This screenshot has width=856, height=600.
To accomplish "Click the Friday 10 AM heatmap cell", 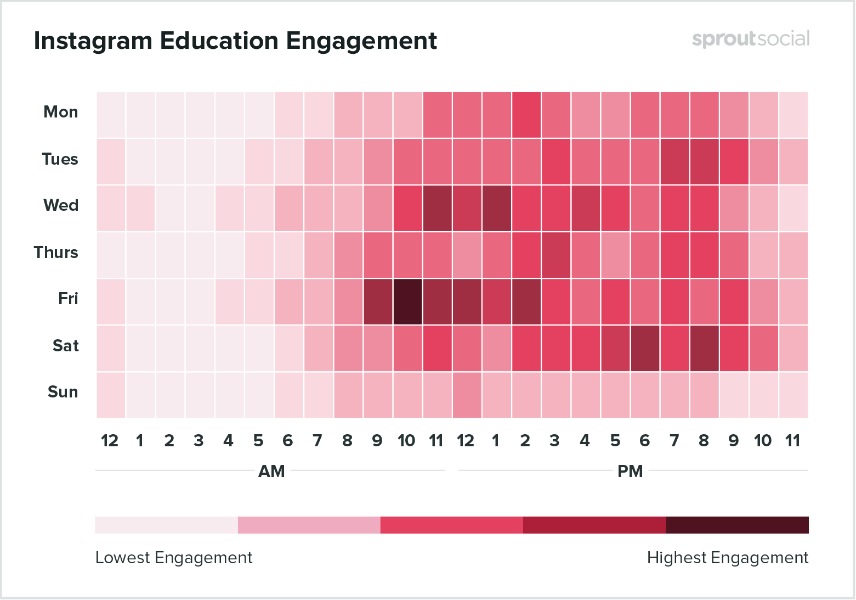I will (x=407, y=301).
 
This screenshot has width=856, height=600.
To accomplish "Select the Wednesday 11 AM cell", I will (x=437, y=208).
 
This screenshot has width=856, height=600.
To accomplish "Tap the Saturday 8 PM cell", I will (x=704, y=348).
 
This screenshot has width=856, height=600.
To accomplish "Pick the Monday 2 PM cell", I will (x=526, y=115).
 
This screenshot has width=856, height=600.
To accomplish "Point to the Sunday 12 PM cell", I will (x=467, y=395).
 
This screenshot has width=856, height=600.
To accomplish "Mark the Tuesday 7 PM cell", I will (x=674, y=161).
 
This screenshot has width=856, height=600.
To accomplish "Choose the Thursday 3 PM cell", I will (x=555, y=255).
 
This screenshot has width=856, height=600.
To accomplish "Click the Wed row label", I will (x=61, y=205).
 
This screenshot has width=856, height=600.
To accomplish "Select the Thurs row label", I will (x=56, y=253).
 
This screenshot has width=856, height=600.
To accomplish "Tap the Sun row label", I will (x=63, y=392).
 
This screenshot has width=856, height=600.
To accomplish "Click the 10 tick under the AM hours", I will (x=406, y=441).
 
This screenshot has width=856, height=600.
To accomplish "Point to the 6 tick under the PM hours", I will (x=645, y=441).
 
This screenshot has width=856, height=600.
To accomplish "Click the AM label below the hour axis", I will (x=271, y=472).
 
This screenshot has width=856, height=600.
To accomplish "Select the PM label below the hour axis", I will (x=630, y=472).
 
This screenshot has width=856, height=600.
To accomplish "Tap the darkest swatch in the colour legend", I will (x=737, y=525).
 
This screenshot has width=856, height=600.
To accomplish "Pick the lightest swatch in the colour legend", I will (x=166, y=525).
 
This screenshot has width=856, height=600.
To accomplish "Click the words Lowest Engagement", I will (x=174, y=558).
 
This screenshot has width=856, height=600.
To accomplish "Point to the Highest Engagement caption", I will (x=727, y=558).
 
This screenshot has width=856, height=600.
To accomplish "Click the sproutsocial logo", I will (x=750, y=39).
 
